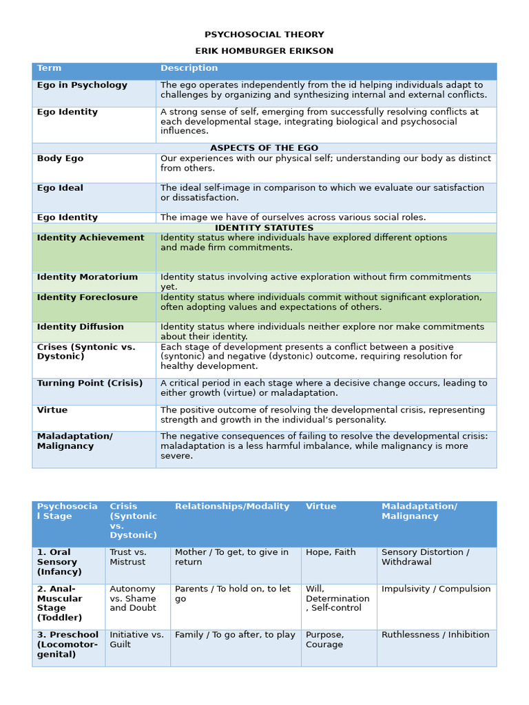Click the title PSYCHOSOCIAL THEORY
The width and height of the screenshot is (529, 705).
pos(264,35)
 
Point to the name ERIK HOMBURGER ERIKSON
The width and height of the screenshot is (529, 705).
pos(264,51)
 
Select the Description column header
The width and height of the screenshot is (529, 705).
pos(189,68)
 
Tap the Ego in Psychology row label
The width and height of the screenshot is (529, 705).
pos(82,85)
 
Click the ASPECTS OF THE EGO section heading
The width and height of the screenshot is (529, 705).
pos(264,148)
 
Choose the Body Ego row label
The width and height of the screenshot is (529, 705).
pos(60,159)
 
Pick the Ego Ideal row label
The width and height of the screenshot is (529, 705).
pos(60,188)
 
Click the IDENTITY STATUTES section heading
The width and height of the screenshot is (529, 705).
pos(264,228)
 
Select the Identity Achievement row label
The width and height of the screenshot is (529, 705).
pos(90,238)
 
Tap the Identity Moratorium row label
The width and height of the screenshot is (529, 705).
pos(87,277)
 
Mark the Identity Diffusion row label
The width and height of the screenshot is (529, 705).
pos(81,327)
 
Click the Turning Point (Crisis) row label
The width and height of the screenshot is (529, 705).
pos(90,383)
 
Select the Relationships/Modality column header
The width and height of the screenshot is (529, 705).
pos(232,507)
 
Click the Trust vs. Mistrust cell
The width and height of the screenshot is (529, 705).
pos(128,557)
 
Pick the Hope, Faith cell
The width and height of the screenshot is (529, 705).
pos(331,553)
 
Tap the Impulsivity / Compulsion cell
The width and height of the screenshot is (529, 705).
pos(436,589)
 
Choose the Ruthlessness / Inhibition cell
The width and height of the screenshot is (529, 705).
pos(435,635)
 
